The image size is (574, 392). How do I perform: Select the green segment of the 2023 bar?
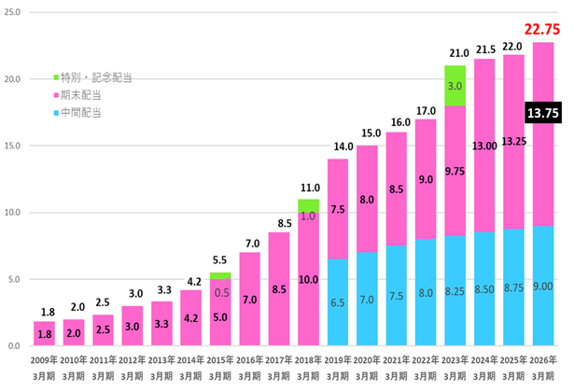tap(455, 86)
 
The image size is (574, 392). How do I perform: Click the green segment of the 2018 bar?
tap(308, 205)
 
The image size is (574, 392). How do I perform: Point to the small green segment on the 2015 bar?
tap(220, 275)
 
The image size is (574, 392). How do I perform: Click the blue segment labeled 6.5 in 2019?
tap(337, 302)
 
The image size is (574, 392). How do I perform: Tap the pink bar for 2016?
tap(249, 300)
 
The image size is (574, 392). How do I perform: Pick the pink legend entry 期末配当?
tap(84, 94)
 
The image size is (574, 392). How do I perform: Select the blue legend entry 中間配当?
tap(84, 112)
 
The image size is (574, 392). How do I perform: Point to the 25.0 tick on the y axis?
tap(16, 13)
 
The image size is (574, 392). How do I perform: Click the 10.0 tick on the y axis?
tap(16, 213)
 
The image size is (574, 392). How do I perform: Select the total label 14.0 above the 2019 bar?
tap(337, 147)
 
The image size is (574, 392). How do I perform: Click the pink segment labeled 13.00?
tap(483, 146)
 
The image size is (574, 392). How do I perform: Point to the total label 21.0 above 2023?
tap(455, 54)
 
